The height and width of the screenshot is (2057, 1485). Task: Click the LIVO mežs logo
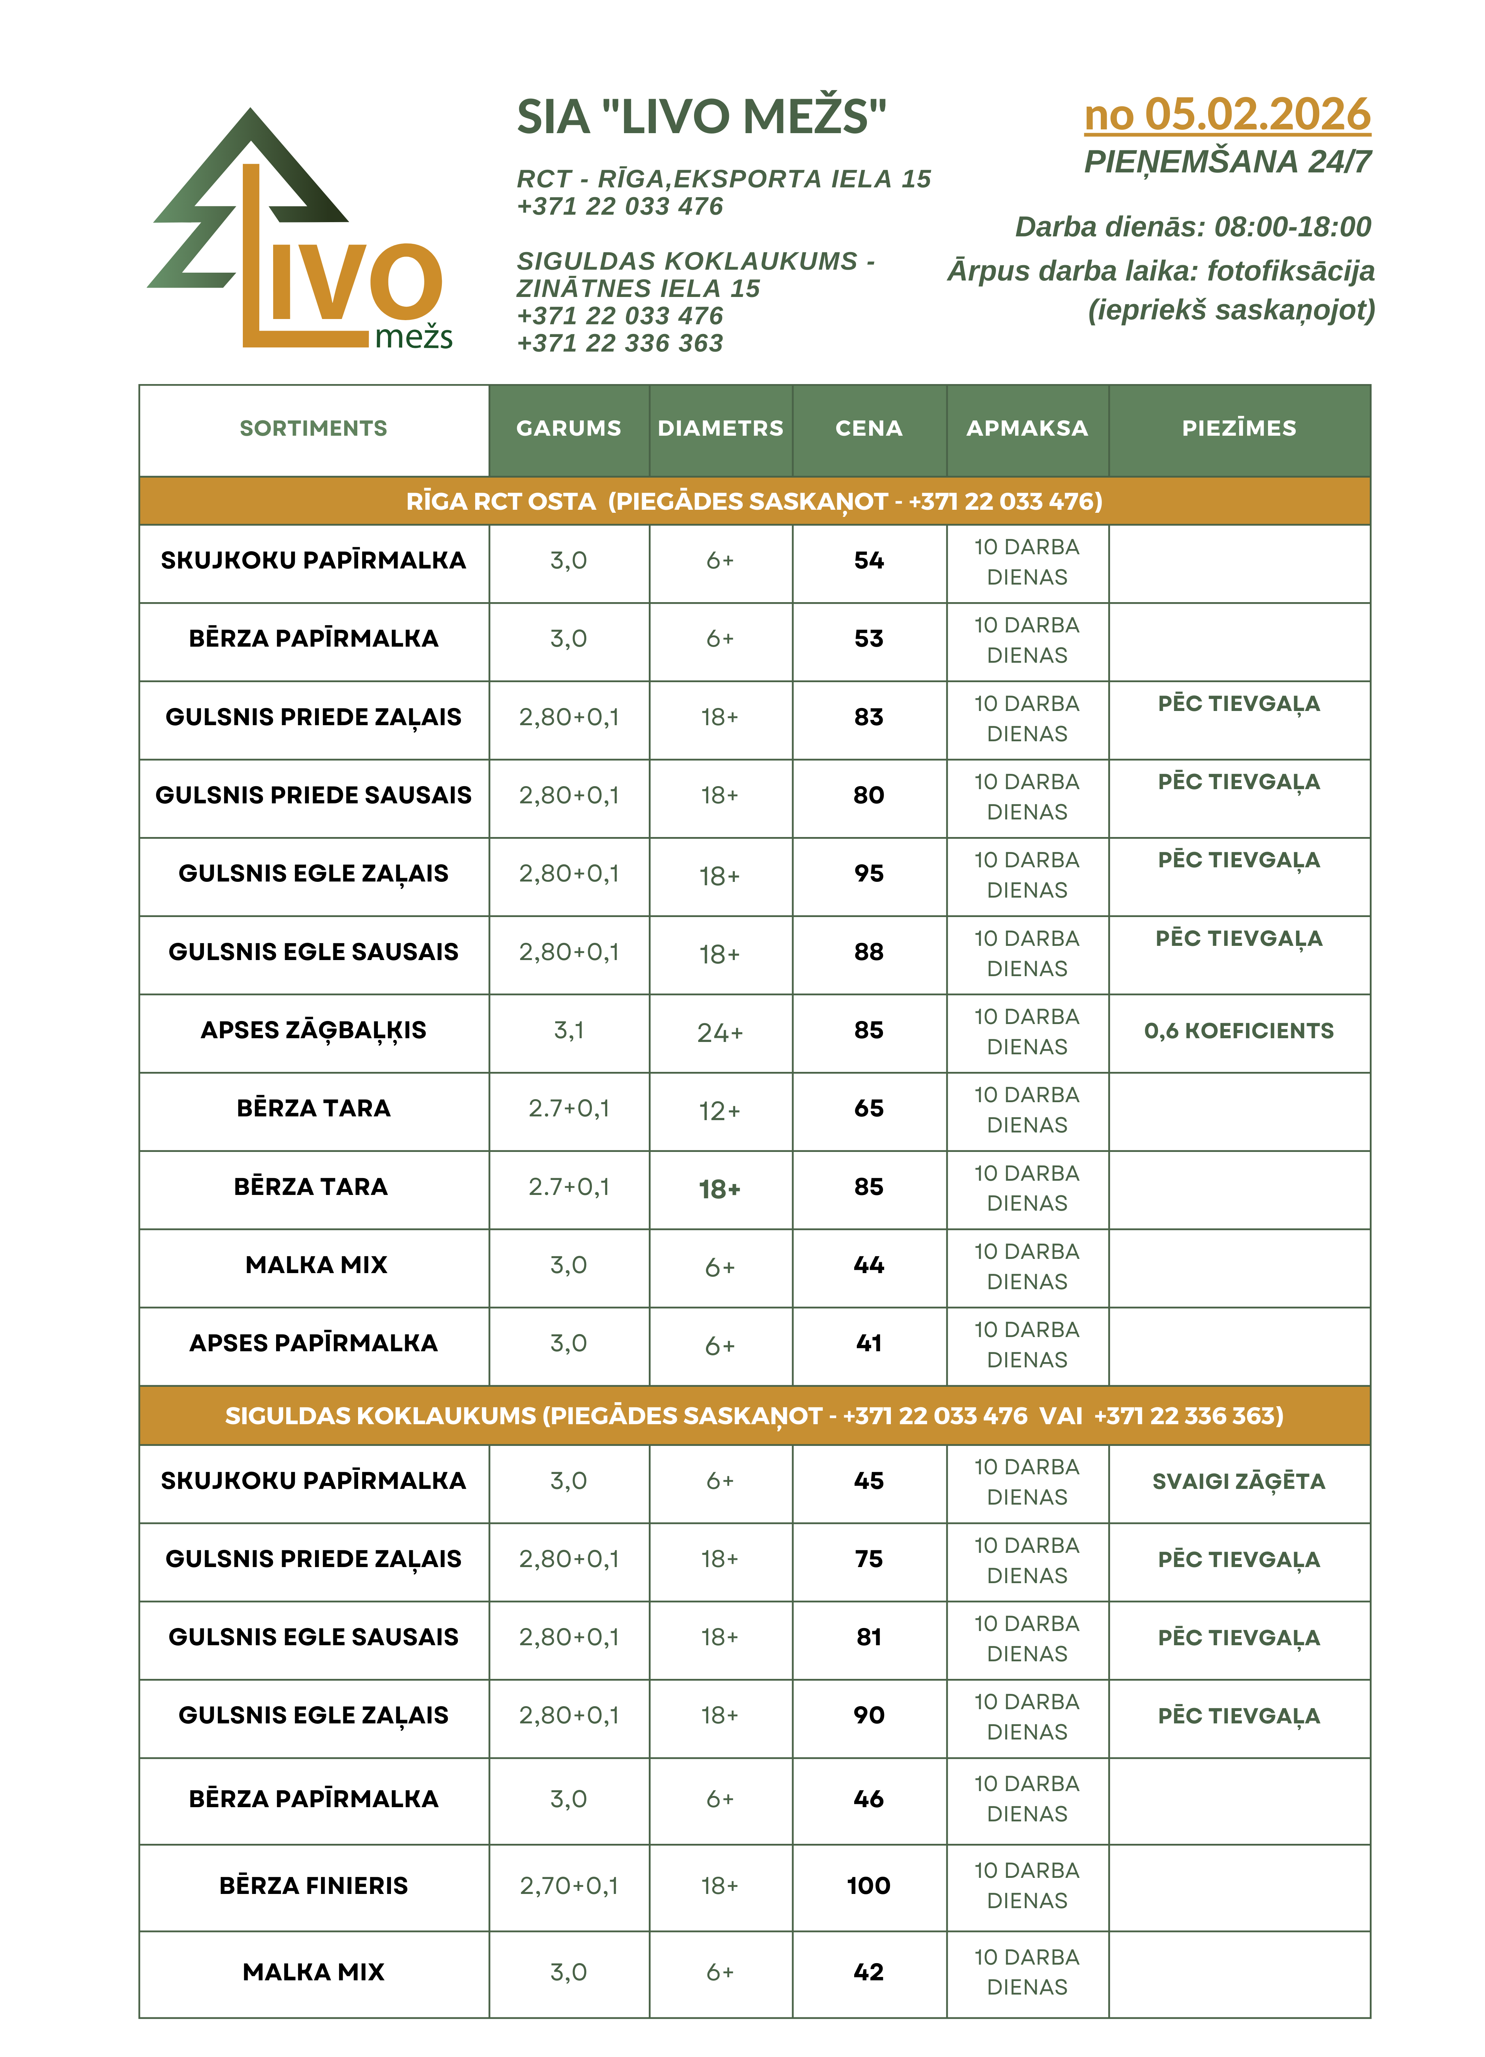click(299, 231)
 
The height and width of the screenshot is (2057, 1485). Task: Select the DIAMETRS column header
click(720, 428)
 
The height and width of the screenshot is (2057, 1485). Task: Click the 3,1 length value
click(569, 1030)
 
